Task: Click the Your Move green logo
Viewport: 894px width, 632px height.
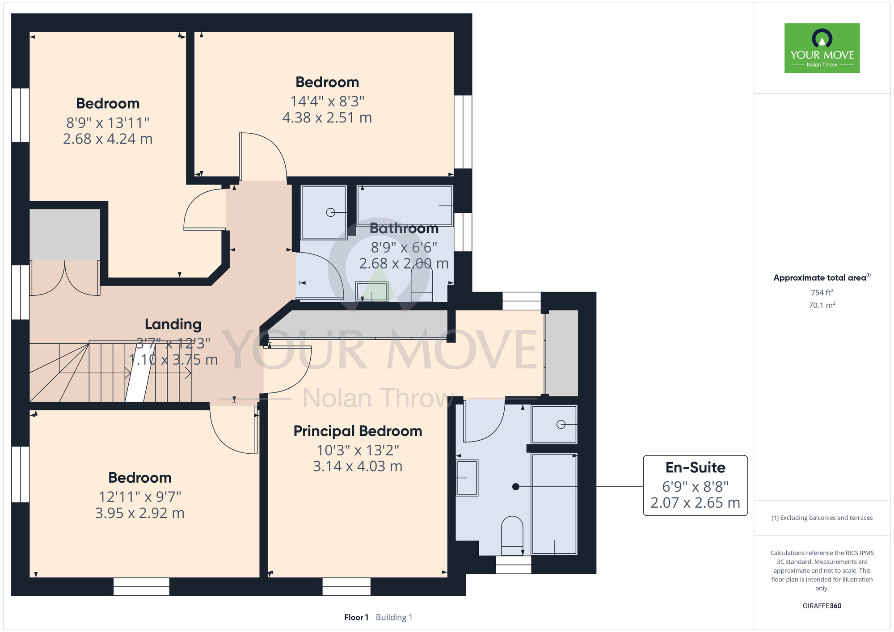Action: click(x=822, y=48)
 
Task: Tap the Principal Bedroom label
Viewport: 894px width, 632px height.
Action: click(x=358, y=431)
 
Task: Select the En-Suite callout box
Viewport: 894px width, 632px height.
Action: click(x=695, y=485)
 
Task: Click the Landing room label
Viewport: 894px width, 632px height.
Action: click(x=173, y=324)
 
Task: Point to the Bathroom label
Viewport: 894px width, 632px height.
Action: click(x=404, y=228)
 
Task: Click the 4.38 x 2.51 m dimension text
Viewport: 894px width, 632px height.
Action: click(x=327, y=118)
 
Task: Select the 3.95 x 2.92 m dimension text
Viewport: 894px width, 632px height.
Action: click(x=140, y=513)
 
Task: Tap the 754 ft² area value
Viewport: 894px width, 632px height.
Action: click(x=822, y=292)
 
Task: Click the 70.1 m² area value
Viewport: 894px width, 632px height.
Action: click(x=822, y=305)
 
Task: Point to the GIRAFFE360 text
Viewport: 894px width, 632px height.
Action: click(x=822, y=606)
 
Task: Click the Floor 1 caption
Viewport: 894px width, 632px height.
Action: click(x=356, y=617)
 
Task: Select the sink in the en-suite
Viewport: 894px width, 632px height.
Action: click(x=467, y=478)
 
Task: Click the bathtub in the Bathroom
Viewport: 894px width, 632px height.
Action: click(x=405, y=206)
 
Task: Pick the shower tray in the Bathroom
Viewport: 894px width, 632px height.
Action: click(x=324, y=212)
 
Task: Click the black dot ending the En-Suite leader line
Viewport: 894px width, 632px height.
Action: click(x=515, y=487)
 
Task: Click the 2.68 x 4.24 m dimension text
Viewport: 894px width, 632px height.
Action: click(x=108, y=139)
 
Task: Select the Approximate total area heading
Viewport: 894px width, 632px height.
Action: click(x=822, y=278)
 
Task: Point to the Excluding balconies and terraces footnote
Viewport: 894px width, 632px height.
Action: click(x=822, y=518)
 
